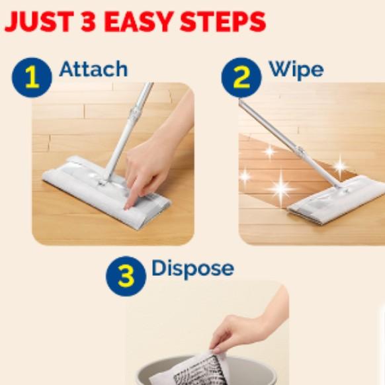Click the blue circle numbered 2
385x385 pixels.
(x=241, y=77)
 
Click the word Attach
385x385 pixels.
(x=93, y=69)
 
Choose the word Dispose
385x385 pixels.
(x=192, y=268)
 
